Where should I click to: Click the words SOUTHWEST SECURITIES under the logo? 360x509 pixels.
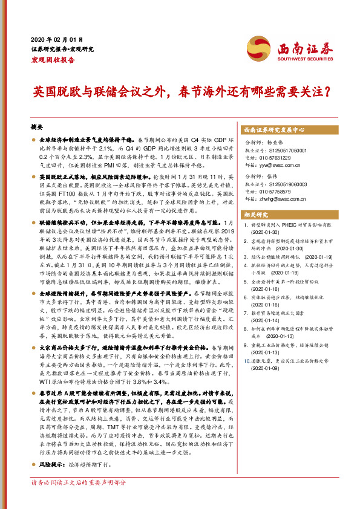point(301,59)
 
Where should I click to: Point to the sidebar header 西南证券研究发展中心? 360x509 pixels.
point(273,130)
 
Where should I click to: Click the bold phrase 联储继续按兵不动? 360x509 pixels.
point(61,222)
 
